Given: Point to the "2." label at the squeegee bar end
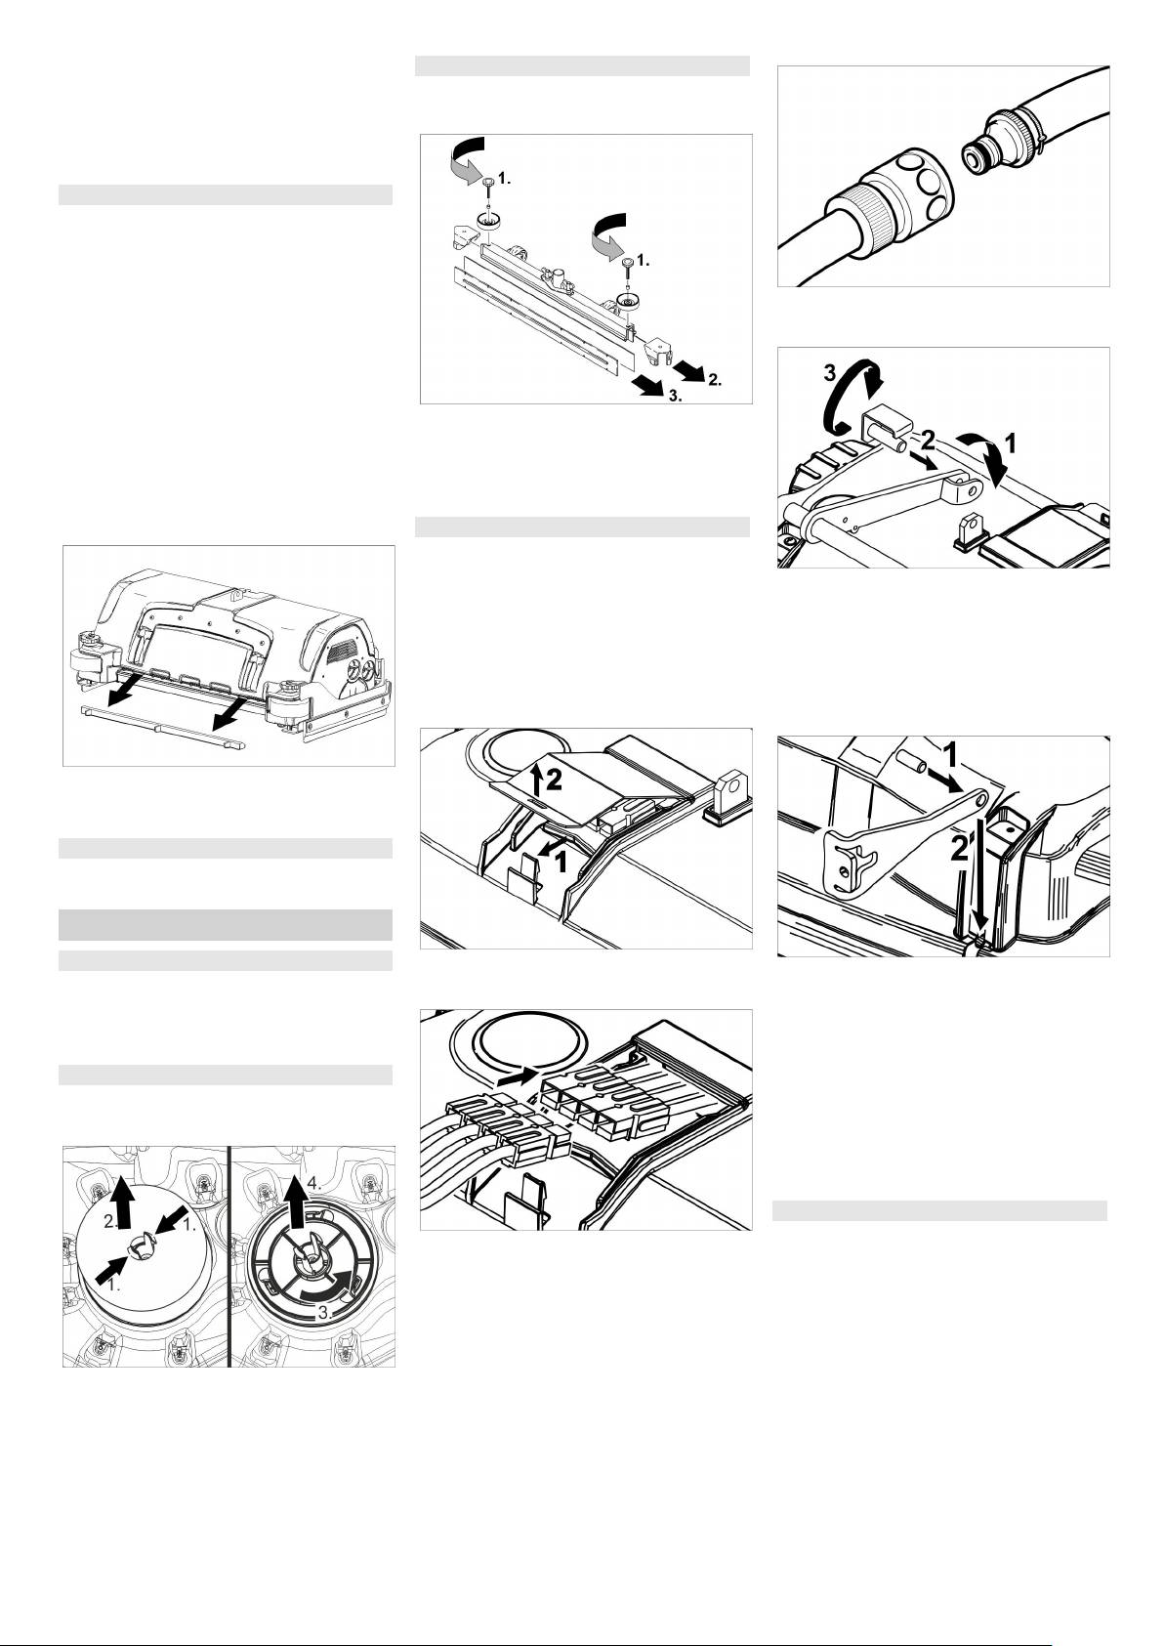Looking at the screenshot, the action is [715, 380].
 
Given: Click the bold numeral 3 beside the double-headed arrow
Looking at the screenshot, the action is [829, 372].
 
